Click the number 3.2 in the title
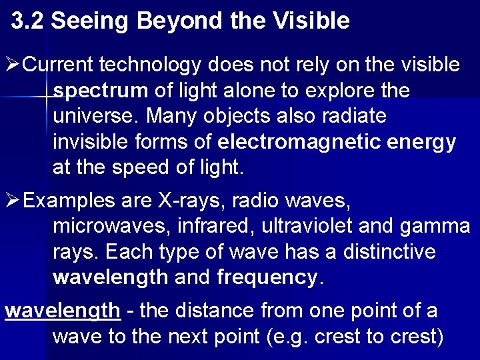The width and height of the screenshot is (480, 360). point(28,21)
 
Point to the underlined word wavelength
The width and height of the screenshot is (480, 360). point(63,311)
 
